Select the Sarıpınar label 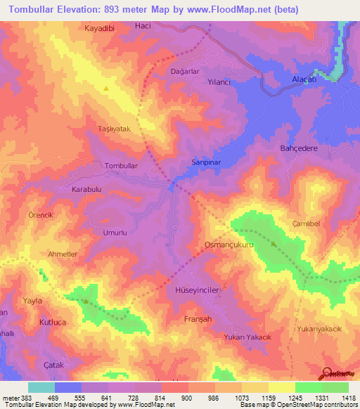point(207,162)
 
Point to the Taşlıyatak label point(114,130)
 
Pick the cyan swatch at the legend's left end point(41,387)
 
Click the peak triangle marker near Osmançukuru point(274,245)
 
